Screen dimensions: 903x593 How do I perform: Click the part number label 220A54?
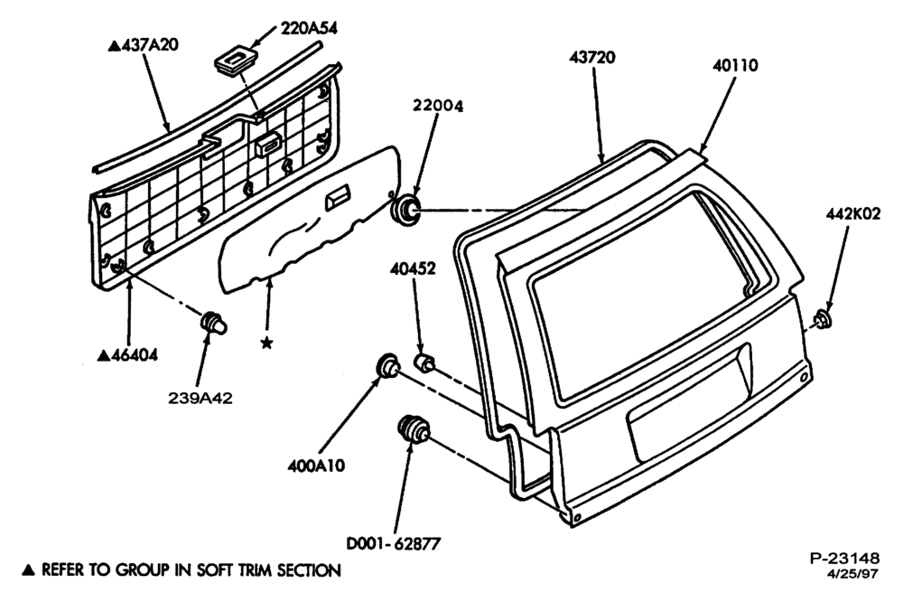point(309,28)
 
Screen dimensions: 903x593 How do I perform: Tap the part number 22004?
point(438,106)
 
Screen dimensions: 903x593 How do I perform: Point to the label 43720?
point(592,57)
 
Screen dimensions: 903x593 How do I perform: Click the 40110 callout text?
point(735,66)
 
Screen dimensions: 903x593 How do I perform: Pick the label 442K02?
point(853,214)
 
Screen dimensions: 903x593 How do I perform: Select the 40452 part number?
point(413,268)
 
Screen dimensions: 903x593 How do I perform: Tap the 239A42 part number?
point(200,399)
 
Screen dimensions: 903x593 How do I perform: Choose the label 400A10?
point(316,466)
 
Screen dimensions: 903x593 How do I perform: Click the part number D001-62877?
point(394,543)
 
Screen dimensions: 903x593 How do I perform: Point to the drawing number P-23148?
point(845,558)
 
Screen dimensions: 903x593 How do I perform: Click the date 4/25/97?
point(853,573)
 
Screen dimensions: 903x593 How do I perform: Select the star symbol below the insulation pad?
point(266,343)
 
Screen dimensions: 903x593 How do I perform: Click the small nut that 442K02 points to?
point(824,319)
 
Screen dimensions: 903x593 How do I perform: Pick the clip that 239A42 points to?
point(214,324)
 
